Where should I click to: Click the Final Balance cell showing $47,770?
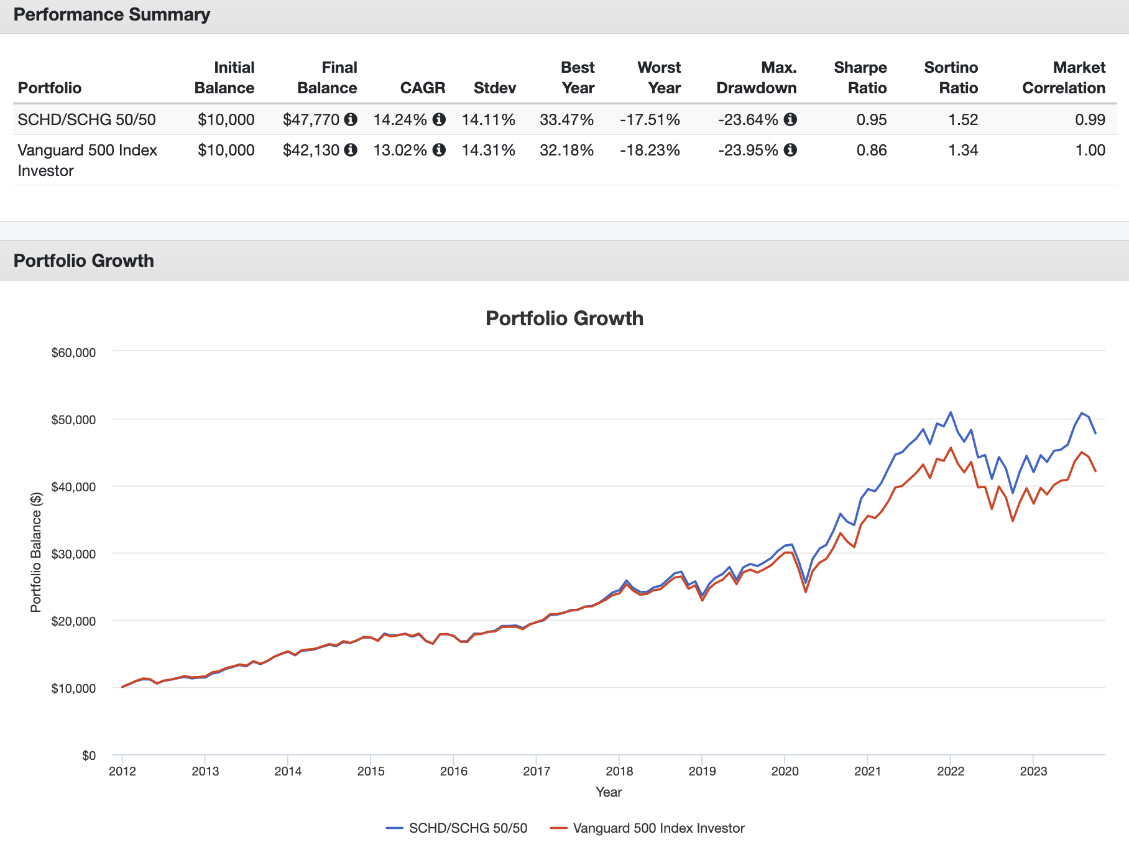pos(311,119)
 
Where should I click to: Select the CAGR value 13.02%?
pos(400,150)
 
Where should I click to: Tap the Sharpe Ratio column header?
pos(860,78)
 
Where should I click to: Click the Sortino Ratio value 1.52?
pos(962,119)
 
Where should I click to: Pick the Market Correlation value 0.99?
pos(1090,119)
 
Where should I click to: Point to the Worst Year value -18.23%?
pos(650,150)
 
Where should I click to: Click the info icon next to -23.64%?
pos(790,119)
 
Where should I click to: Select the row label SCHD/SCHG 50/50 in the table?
pos(86,119)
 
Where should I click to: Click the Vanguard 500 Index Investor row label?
pos(87,160)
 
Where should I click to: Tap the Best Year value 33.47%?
pos(566,119)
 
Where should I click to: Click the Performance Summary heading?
pos(112,15)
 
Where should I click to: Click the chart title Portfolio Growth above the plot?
pos(564,318)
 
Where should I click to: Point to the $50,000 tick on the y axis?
pos(73,420)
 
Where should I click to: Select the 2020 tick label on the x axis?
pos(785,772)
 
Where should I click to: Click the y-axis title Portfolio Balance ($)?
pos(36,552)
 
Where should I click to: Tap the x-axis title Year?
pos(609,792)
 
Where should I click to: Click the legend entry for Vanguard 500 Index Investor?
pos(658,828)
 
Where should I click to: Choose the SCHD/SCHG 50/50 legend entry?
pos(468,828)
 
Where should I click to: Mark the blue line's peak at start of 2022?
pos(951,412)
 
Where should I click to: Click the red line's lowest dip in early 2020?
pos(806,591)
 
